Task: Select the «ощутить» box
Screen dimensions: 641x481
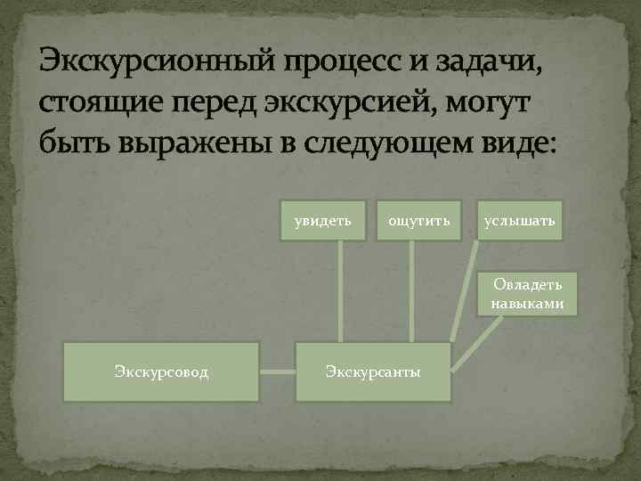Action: (x=418, y=220)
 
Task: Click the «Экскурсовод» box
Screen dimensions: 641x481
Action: (x=161, y=371)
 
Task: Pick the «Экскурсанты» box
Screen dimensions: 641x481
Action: (x=373, y=371)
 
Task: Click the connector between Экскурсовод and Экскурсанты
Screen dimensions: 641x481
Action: (x=278, y=371)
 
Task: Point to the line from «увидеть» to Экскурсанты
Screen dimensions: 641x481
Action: (x=339, y=289)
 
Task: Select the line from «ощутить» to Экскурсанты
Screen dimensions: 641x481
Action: (x=410, y=289)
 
